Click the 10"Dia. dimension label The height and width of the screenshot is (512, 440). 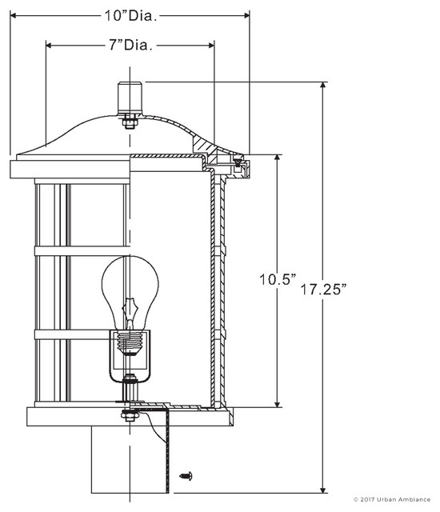130,14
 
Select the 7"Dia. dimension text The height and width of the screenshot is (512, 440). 130,46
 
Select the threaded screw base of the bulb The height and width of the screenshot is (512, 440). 130,342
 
